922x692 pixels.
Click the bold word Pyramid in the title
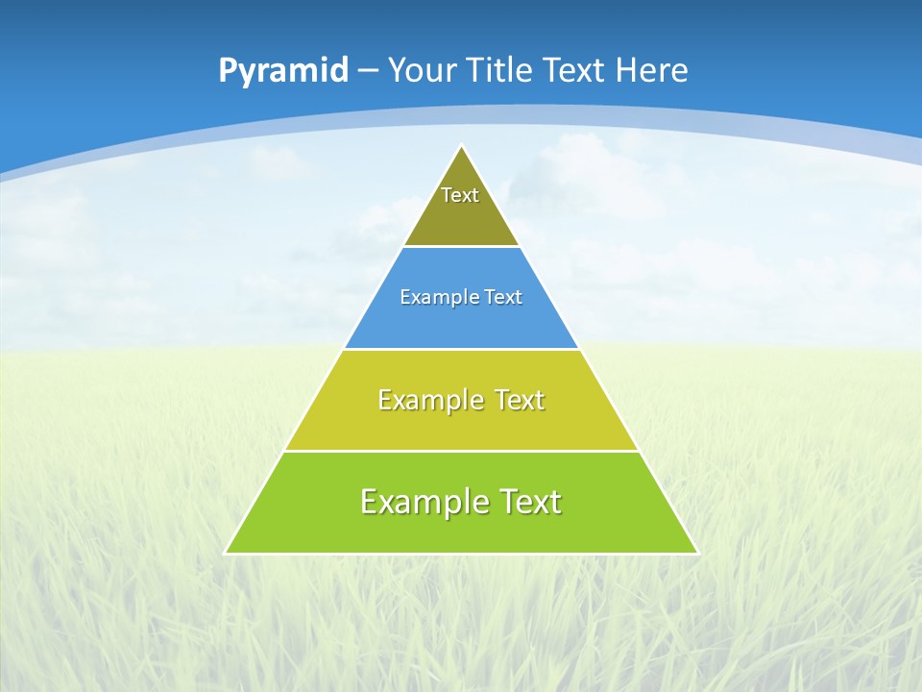coord(282,71)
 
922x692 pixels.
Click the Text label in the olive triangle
coord(460,195)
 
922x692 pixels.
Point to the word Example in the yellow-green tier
coord(428,400)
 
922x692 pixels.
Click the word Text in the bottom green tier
coord(523,502)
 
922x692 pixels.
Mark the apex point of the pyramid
coord(462,146)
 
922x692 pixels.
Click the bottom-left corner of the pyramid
coord(226,554)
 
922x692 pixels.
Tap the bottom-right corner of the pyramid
coord(697,554)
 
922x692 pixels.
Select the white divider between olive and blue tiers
coord(461,247)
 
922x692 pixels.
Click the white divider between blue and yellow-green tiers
coord(461,349)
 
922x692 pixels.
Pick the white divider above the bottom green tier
coord(461,451)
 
